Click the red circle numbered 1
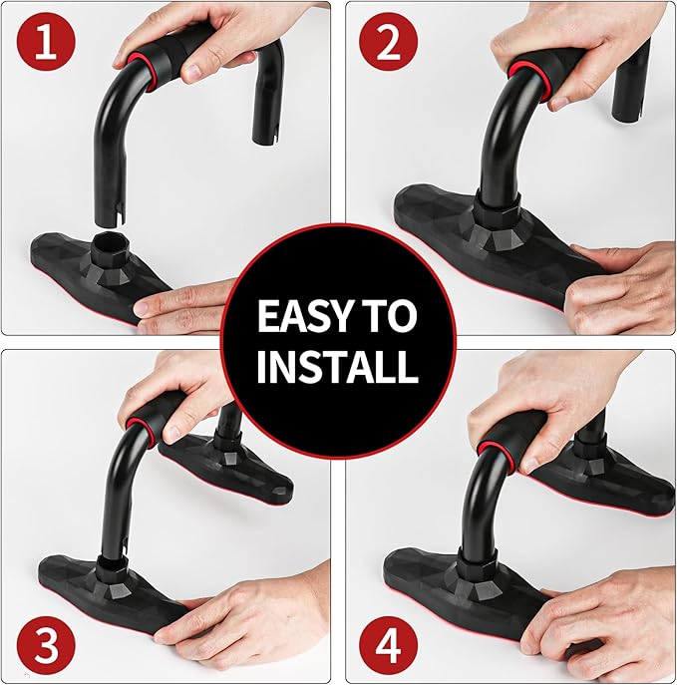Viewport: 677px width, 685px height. [x=46, y=43]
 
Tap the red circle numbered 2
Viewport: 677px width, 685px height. [x=388, y=43]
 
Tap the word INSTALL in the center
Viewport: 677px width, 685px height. [x=337, y=367]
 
